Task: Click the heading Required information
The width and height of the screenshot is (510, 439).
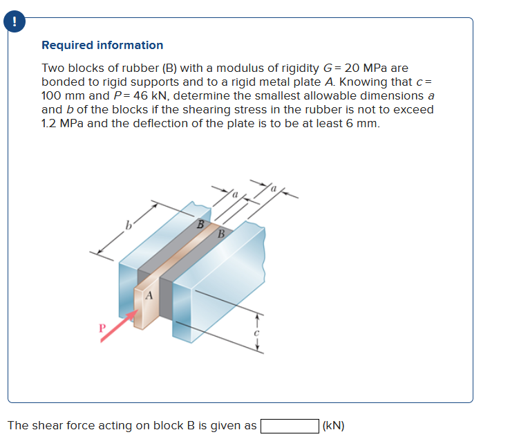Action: point(102,45)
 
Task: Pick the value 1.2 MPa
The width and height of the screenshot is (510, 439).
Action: point(62,123)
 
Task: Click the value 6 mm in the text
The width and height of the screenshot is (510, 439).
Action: point(361,123)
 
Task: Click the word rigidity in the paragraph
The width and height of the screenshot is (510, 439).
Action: point(269,68)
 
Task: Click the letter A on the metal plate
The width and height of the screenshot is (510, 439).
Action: point(148,296)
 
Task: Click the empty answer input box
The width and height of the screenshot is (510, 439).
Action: point(289,425)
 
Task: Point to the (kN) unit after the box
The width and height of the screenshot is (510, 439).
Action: point(333,425)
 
